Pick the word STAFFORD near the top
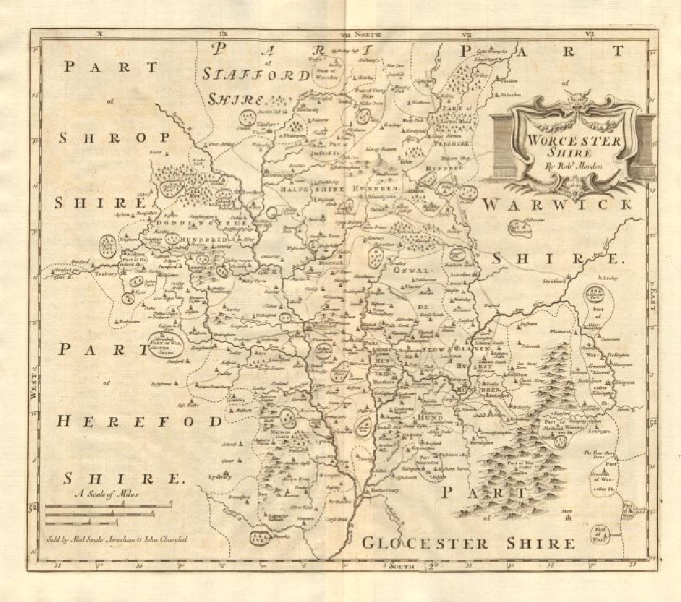click(256, 76)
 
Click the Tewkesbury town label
click(378, 489)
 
